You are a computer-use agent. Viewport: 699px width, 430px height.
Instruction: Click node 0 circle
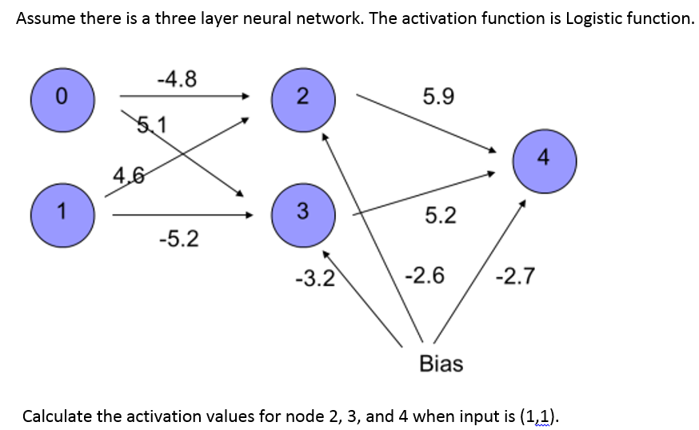pos(62,98)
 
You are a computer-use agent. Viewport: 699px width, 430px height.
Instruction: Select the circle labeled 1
pos(62,213)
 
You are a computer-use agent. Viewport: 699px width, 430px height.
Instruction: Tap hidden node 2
pos(302,98)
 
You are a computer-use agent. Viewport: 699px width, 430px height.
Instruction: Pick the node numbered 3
pos(302,212)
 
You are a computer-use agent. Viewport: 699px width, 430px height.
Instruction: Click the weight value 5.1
pos(152,125)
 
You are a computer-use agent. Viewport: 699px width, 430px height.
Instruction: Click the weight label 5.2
pos(441,214)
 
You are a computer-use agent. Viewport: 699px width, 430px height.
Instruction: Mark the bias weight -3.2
pos(313,279)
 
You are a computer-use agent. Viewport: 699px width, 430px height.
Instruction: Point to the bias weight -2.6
pos(425,277)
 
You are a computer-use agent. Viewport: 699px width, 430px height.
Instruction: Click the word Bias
pos(441,364)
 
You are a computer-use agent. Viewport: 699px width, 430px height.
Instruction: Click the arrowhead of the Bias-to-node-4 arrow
pos(523,204)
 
